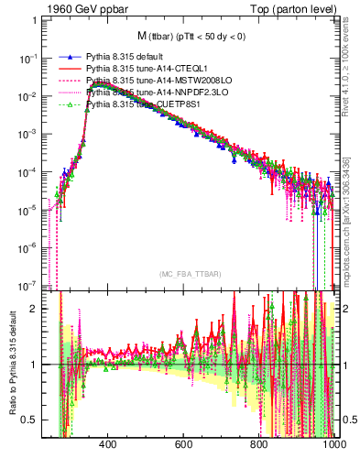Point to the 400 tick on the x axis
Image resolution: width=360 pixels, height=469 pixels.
(x=106, y=445)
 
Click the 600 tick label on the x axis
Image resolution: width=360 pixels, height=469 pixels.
(x=182, y=445)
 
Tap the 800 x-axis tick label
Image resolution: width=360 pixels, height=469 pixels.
(x=259, y=445)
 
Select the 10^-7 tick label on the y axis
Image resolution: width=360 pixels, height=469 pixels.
(x=29, y=284)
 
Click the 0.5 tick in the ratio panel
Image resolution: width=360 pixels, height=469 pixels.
(x=31, y=420)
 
